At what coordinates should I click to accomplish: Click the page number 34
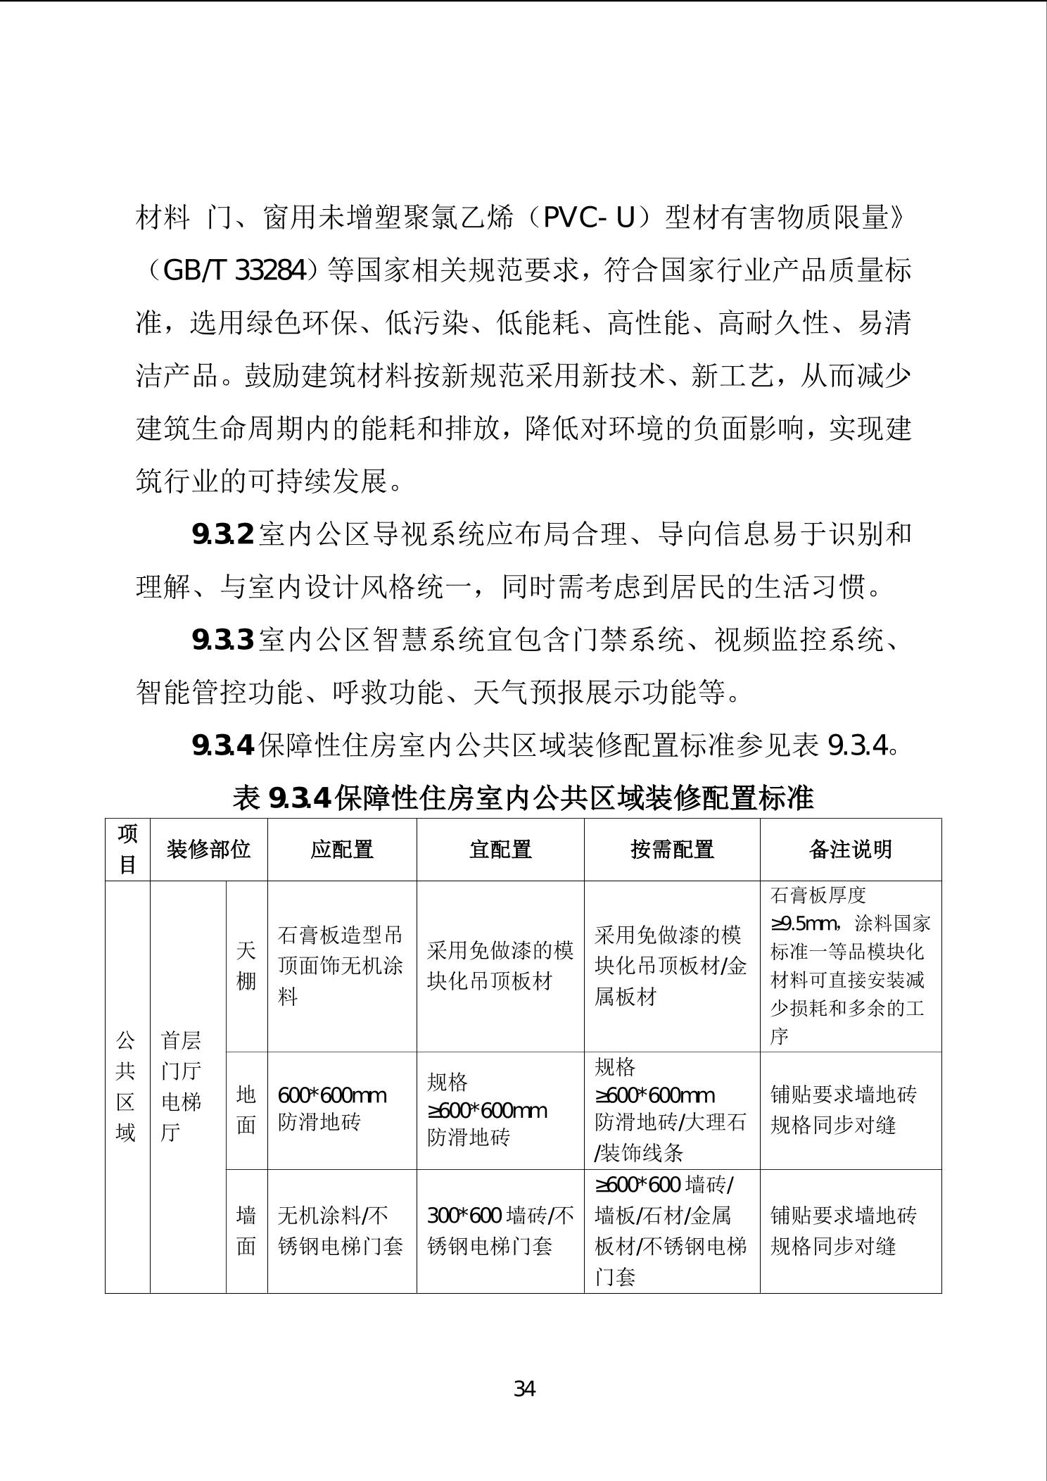[x=525, y=1389]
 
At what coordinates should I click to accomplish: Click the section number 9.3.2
[x=222, y=536]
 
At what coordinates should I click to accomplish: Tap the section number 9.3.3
[x=222, y=641]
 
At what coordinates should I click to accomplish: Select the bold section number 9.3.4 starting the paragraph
[x=222, y=745]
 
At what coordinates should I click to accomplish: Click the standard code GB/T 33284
[x=235, y=271]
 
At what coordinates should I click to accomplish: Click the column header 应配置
[x=342, y=850]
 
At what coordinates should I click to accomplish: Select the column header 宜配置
[x=500, y=850]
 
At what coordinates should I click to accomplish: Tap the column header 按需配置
[x=672, y=850]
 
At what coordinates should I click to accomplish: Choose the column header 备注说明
[x=850, y=850]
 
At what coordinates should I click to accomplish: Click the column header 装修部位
[x=208, y=850]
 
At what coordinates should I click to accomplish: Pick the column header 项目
[x=127, y=849]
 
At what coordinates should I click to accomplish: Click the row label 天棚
[x=246, y=966]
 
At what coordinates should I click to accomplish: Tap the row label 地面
[x=246, y=1110]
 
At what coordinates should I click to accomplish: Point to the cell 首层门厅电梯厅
[x=182, y=1086]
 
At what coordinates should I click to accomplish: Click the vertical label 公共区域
[x=125, y=1086]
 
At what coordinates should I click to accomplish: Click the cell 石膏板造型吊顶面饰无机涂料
[x=341, y=966]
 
